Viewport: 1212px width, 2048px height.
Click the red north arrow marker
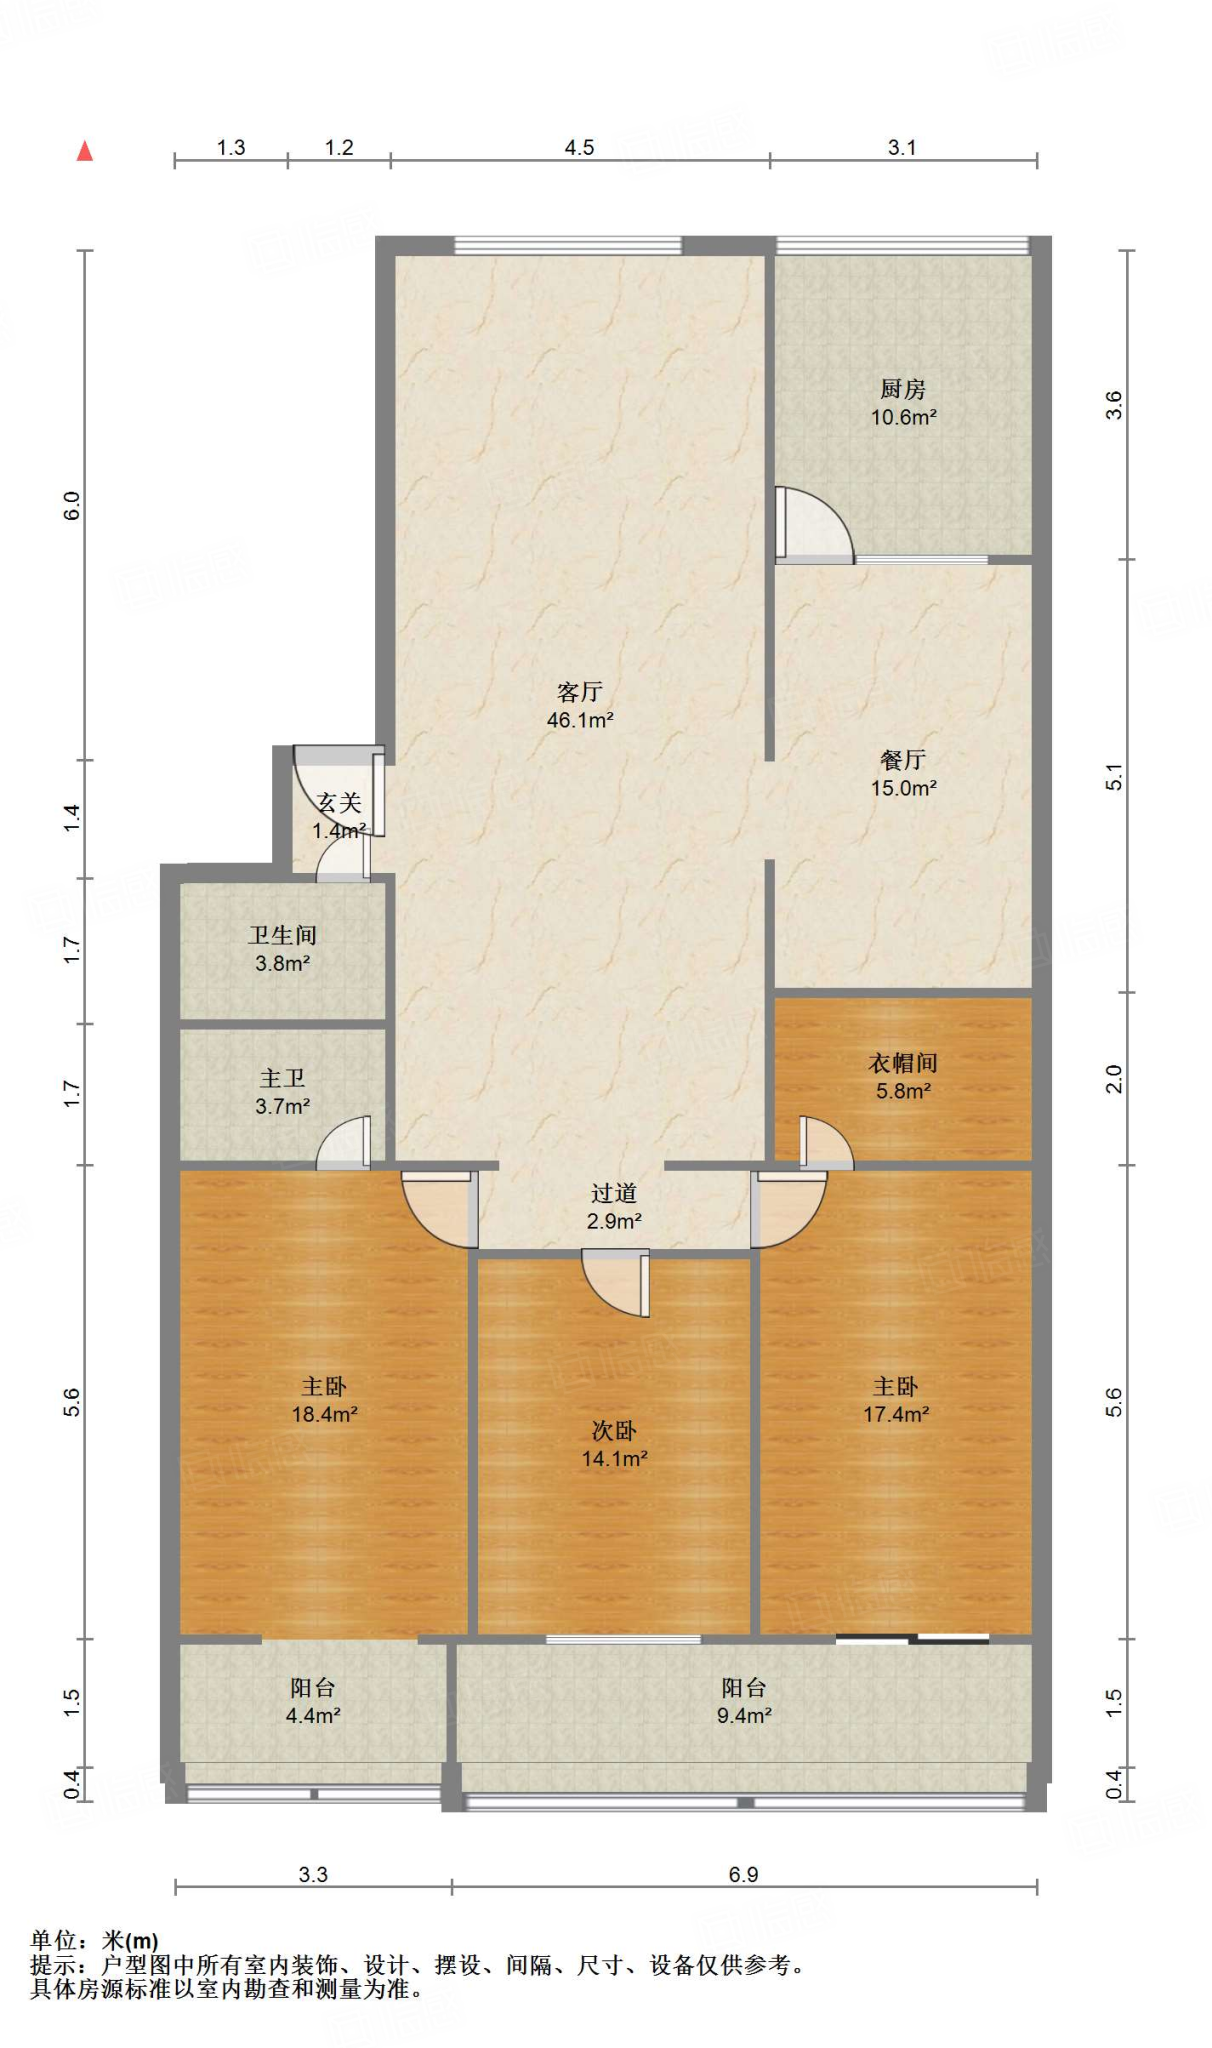click(x=85, y=151)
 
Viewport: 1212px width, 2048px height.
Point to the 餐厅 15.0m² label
click(x=904, y=774)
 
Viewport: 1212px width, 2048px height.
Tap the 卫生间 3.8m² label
click(x=283, y=949)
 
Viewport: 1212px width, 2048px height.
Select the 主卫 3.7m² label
click(x=283, y=1092)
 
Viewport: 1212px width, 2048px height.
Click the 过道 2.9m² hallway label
click(x=614, y=1207)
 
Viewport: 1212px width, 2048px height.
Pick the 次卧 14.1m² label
click(x=614, y=1445)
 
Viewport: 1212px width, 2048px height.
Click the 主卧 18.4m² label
click(x=325, y=1400)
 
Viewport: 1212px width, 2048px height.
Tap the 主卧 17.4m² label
click(x=896, y=1400)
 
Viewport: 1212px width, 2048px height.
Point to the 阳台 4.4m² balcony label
click(x=313, y=1701)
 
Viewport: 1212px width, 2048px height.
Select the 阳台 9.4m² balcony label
click(x=744, y=1701)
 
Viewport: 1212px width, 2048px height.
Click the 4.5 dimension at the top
click(x=579, y=148)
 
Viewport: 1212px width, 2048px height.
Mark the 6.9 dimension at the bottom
click(x=743, y=1875)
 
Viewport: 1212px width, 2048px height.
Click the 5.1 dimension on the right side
click(x=1114, y=777)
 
